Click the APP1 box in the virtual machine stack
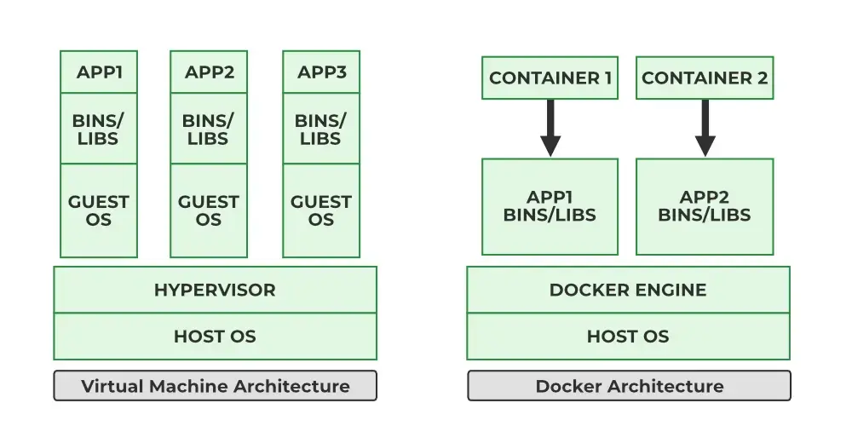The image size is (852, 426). coord(99,72)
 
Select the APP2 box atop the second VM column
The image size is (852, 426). coord(209,72)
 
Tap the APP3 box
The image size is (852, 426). coord(321,72)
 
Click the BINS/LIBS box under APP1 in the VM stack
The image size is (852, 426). coord(99,129)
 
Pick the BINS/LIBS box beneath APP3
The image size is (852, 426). coord(321,129)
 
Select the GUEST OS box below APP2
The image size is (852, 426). coord(209,210)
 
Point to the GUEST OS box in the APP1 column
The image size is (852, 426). coord(99,210)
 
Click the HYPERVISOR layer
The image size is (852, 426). coord(216,290)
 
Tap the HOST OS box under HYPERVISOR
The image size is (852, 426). coord(216,337)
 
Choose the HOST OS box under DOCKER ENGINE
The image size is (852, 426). coord(628,337)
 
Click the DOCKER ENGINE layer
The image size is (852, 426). coord(628,290)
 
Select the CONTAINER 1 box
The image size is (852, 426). coord(550,78)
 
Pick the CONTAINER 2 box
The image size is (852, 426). coord(705,78)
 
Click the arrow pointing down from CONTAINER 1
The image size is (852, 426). coord(550,129)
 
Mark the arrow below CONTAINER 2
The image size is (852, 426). coord(705,129)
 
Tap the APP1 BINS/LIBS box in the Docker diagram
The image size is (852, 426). coord(550,206)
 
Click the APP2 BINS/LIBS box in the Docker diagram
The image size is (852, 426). coord(705,206)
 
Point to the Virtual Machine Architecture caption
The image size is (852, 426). coord(216,386)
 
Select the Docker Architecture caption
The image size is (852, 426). coord(630,386)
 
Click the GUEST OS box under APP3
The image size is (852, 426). coord(321,210)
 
